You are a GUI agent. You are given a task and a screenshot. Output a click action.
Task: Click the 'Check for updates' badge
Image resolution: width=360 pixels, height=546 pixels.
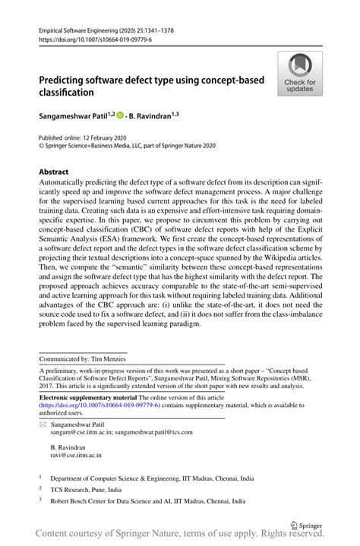(300, 74)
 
